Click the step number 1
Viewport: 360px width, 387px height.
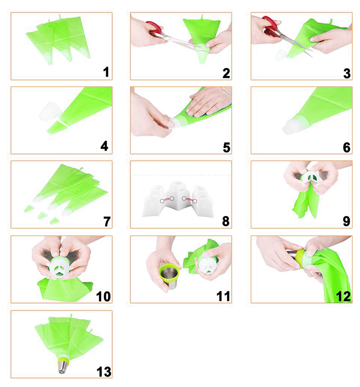(x=106, y=72)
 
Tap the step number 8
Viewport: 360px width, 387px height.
(x=226, y=221)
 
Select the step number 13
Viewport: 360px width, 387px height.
(x=104, y=372)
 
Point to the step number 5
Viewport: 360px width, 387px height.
(x=226, y=148)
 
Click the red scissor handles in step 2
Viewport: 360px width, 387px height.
(x=154, y=28)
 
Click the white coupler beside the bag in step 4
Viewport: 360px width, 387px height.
(x=50, y=112)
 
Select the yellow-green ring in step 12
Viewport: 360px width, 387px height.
(x=301, y=259)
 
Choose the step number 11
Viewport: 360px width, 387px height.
(x=223, y=296)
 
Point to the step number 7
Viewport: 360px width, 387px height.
(x=107, y=221)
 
